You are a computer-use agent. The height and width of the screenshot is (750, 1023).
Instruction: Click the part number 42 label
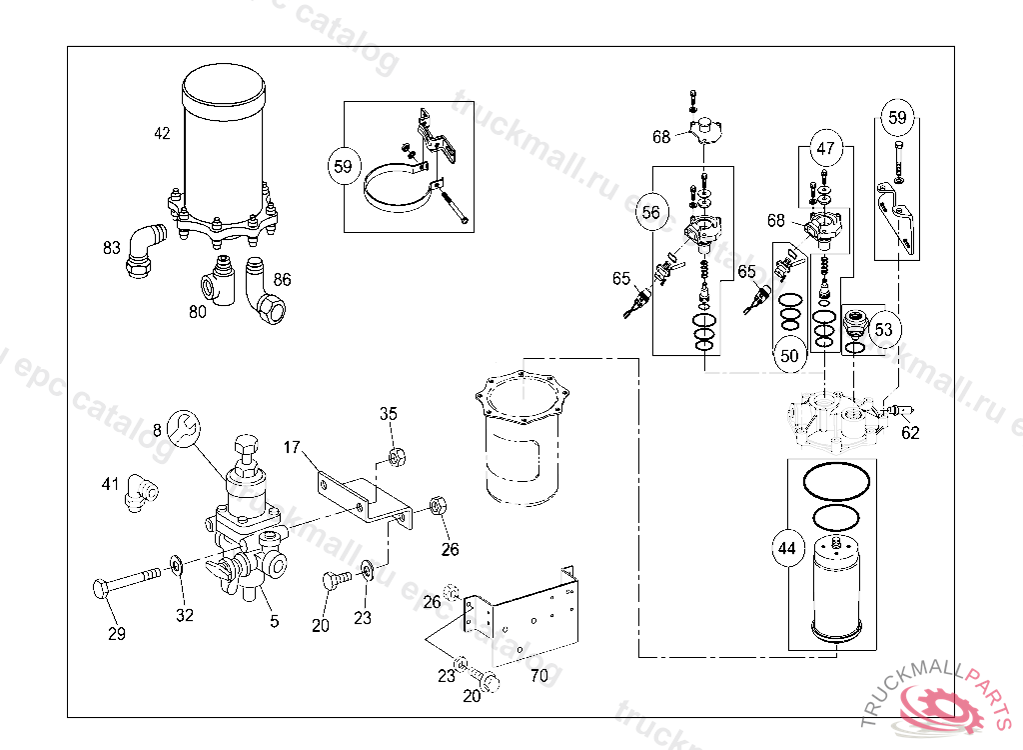click(x=162, y=133)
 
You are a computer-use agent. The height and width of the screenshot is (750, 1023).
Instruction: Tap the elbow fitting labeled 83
click(x=145, y=251)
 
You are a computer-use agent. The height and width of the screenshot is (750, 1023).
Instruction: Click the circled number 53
click(x=884, y=329)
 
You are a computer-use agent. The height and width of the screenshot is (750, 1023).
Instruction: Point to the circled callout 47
click(x=825, y=149)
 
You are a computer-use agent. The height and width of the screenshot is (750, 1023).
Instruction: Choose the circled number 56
click(x=650, y=211)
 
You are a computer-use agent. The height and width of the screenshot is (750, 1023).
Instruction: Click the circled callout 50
click(x=789, y=355)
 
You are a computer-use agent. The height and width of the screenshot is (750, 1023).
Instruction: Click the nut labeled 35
click(x=394, y=458)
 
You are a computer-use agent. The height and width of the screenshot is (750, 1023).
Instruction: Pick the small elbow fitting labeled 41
click(x=140, y=492)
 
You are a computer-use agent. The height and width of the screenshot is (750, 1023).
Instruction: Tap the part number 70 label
click(x=538, y=675)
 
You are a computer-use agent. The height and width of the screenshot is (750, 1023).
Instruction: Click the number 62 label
click(x=910, y=433)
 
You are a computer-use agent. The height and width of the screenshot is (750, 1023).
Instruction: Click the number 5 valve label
click(x=274, y=621)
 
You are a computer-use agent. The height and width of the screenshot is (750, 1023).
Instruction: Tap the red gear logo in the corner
click(x=939, y=705)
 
